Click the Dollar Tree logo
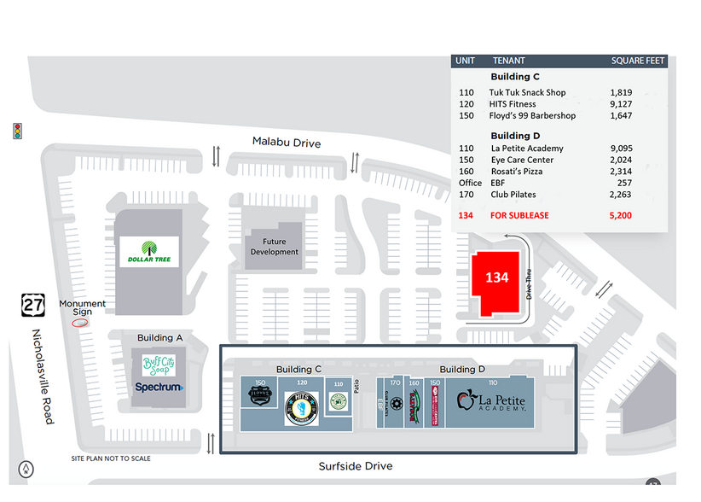tap(149, 252)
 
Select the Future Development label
tap(275, 247)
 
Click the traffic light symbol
tap(17, 131)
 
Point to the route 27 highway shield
tap(32, 303)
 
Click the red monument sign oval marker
tap(80, 323)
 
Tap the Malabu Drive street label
tap(287, 143)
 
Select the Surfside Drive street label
tap(356, 466)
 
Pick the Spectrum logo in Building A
tap(159, 387)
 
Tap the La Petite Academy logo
tap(490, 402)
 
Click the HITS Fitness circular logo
tap(301, 408)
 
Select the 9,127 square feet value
tap(621, 104)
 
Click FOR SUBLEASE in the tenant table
tap(519, 216)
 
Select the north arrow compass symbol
tap(28, 468)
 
